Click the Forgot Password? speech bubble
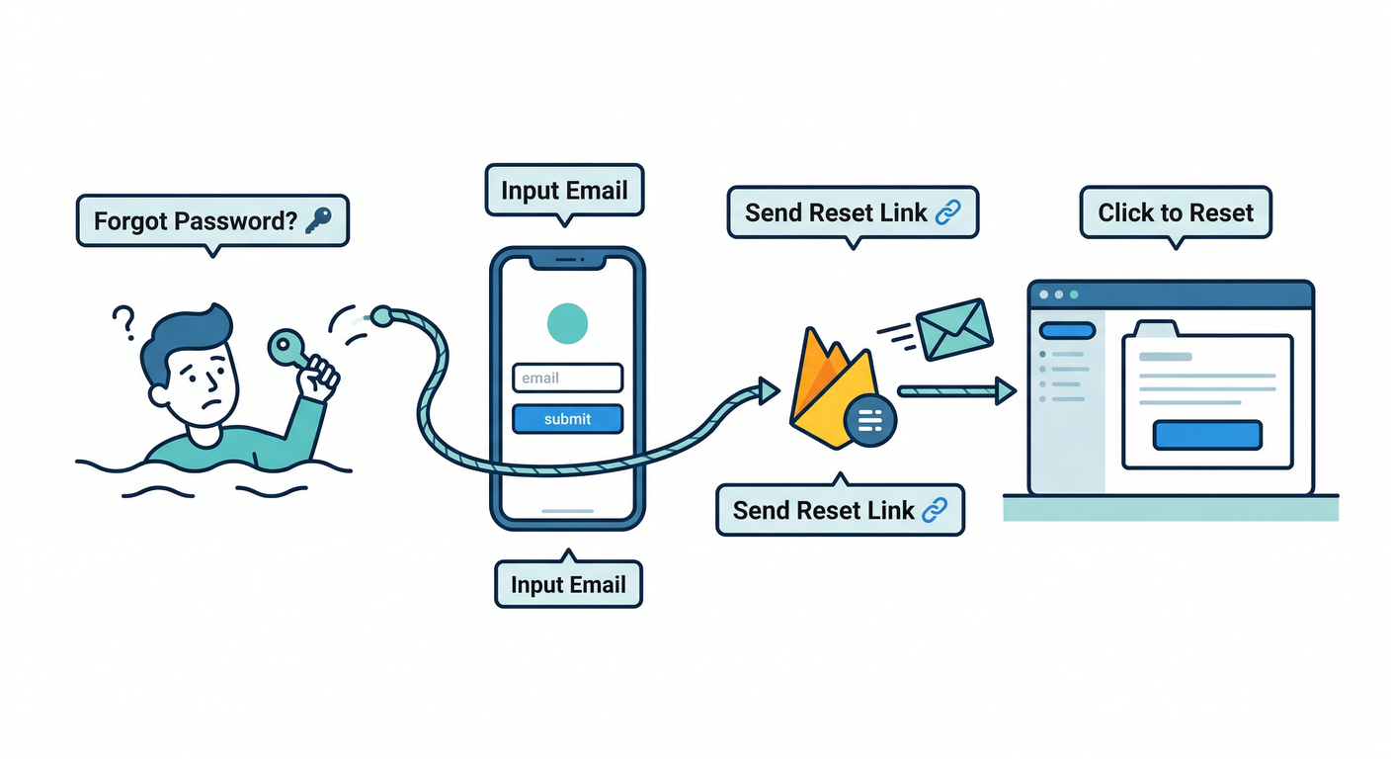pyautogui.click(x=212, y=220)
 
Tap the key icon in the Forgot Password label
pyautogui.click(x=318, y=220)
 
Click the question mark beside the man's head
pyautogui.click(x=123, y=321)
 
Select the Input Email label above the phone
pyautogui.click(x=564, y=190)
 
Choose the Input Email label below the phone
pyautogui.click(x=568, y=584)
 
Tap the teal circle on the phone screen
pyautogui.click(x=567, y=322)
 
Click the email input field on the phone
pyautogui.click(x=567, y=378)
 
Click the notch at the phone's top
pyautogui.click(x=567, y=260)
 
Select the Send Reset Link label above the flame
pyautogui.click(x=853, y=212)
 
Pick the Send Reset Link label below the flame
pyautogui.click(x=840, y=510)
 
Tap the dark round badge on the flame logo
pyautogui.click(x=870, y=421)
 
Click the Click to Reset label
pyautogui.click(x=1176, y=212)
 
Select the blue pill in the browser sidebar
pyautogui.click(x=1068, y=331)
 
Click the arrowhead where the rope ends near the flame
pyautogui.click(x=767, y=391)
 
